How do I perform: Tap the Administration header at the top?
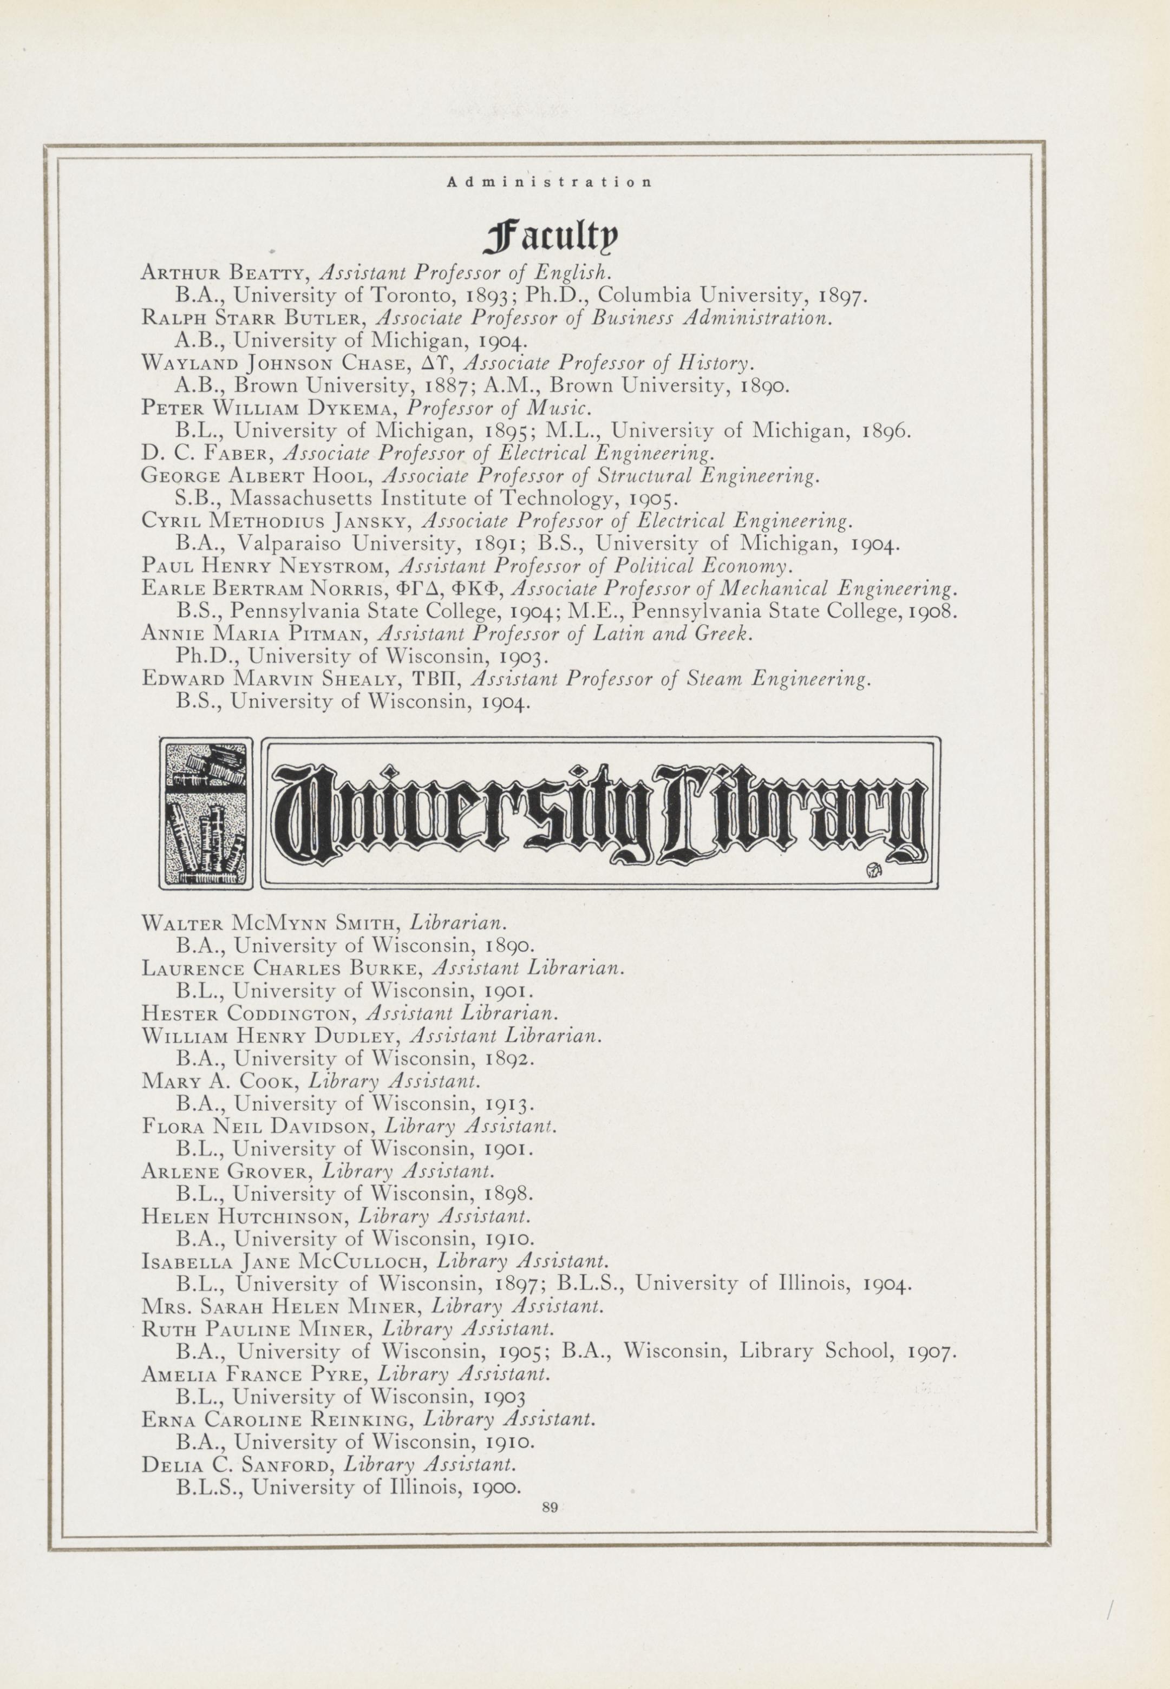(548, 182)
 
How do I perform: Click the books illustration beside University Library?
(206, 812)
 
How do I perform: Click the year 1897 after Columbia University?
(843, 296)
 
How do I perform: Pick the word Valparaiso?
(290, 544)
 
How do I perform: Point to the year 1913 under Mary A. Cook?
(509, 1104)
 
